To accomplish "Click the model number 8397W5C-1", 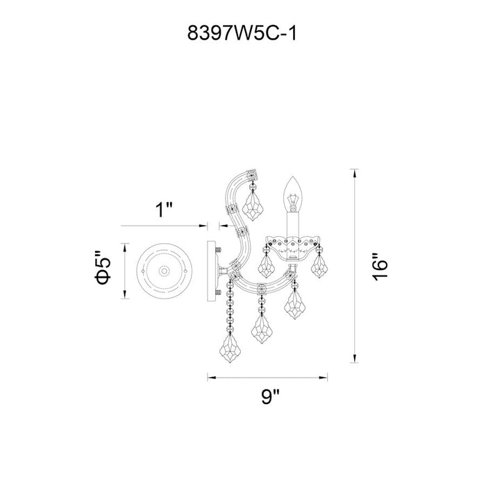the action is (242, 33).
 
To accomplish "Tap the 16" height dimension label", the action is (380, 267).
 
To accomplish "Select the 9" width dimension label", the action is (270, 396).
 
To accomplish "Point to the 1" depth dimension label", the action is (163, 210).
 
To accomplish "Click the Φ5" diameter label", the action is (103, 267).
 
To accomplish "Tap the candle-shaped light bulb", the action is (293, 194).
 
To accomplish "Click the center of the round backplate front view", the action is (164, 271).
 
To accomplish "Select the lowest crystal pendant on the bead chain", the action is (230, 349).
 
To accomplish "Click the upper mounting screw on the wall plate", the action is (218, 249).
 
